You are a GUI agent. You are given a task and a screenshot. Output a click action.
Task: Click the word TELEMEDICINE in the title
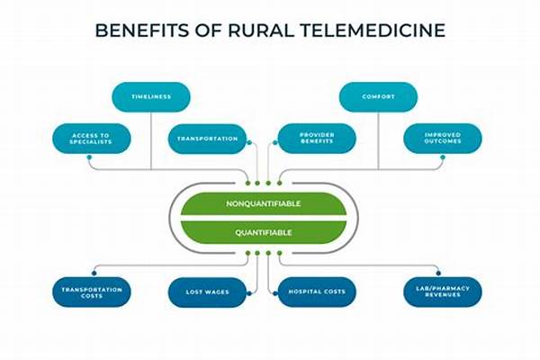coord(373,31)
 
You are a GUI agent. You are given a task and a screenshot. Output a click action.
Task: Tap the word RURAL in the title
coord(260,31)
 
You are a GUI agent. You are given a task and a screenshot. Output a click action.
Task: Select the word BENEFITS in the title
coord(142,31)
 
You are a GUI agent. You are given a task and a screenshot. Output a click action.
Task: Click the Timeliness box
coord(151,97)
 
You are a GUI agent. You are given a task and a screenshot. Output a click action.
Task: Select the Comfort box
coord(378,97)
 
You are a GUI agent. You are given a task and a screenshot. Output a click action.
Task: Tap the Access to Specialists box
coord(92,139)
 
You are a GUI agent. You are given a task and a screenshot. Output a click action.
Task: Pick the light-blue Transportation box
coord(207,139)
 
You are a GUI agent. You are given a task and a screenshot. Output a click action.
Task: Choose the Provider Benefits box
coord(317,138)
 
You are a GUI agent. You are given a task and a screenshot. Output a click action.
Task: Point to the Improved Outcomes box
coord(443,138)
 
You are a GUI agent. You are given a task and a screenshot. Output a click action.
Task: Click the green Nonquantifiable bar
coord(264,204)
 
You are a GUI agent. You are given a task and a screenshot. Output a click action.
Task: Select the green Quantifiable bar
coord(264,232)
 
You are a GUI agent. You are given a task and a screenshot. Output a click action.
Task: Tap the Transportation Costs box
coord(92,292)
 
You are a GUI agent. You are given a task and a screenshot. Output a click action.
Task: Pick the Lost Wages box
coord(207,292)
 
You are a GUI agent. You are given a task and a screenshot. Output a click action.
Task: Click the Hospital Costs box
coord(317,292)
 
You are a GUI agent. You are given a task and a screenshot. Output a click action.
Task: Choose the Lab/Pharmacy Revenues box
coord(443,292)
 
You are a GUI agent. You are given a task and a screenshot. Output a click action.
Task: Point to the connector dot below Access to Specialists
coord(89,157)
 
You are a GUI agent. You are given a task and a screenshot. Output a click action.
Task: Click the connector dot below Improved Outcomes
coord(443,157)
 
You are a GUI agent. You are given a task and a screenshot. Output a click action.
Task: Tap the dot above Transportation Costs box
coord(94,274)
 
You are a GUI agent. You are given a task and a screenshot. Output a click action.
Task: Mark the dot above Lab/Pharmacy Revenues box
coord(438,274)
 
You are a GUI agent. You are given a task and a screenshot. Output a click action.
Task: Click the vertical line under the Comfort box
coord(379,140)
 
